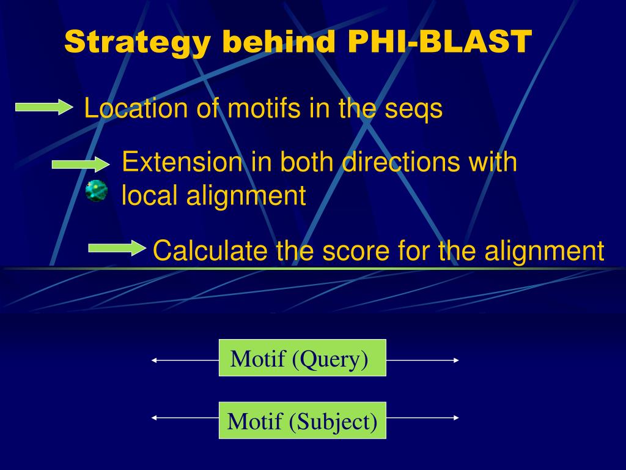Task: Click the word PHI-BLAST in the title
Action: tap(440, 42)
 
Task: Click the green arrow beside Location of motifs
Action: tap(43, 108)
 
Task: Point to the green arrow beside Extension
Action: tap(79, 164)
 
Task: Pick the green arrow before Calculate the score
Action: tap(117, 248)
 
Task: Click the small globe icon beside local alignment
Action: tap(97, 192)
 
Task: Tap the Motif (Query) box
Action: tap(302, 358)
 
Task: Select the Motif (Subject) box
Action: tap(302, 420)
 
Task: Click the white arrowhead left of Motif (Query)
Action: tap(155, 360)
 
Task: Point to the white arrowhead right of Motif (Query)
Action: tap(456, 360)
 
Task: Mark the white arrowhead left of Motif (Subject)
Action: tap(155, 417)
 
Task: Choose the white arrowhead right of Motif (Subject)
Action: tap(456, 417)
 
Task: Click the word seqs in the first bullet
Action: tap(413, 109)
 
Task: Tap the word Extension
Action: tap(182, 162)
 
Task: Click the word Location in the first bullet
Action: tap(136, 109)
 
